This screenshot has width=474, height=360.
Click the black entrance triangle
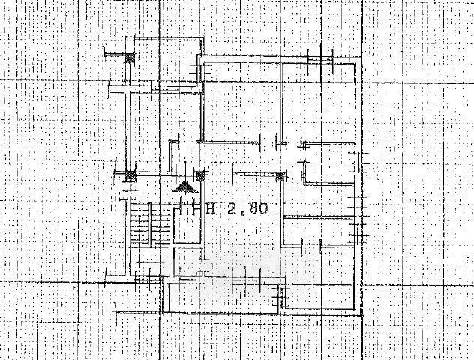pos(182,186)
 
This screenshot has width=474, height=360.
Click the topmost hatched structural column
pos(129,55)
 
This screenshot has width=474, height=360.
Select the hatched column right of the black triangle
pos(199,176)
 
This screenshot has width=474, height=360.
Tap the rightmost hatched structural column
pos(280,177)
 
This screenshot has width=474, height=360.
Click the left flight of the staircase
pos(137,229)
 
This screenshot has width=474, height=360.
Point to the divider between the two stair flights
pos(148,229)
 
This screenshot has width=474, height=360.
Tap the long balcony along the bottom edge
pos(225,296)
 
